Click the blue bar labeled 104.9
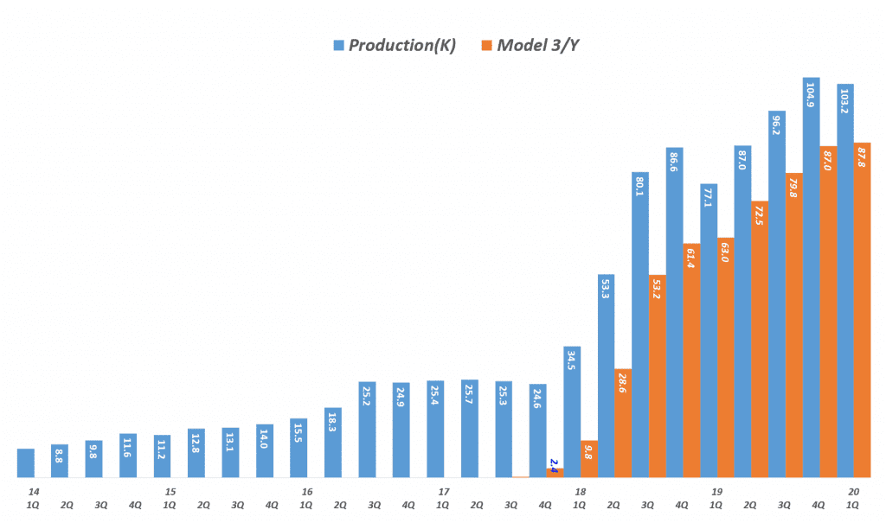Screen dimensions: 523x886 [811, 277]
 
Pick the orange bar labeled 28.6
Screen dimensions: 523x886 [623, 423]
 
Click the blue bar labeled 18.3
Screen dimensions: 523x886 [333, 442]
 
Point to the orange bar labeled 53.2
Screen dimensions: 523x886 [657, 376]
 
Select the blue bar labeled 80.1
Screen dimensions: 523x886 [640, 324]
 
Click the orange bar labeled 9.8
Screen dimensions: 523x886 [589, 458]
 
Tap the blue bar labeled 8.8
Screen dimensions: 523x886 [60, 460]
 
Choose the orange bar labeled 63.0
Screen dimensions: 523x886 [725, 357]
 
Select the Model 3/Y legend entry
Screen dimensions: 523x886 [536, 45]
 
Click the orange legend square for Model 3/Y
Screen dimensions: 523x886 [487, 45]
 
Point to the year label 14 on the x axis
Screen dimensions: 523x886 [34, 492]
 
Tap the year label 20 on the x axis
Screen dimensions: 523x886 [854, 492]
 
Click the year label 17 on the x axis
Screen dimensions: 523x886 [444, 492]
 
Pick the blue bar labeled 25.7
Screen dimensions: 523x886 [470, 428]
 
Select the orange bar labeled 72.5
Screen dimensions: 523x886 [760, 339]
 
